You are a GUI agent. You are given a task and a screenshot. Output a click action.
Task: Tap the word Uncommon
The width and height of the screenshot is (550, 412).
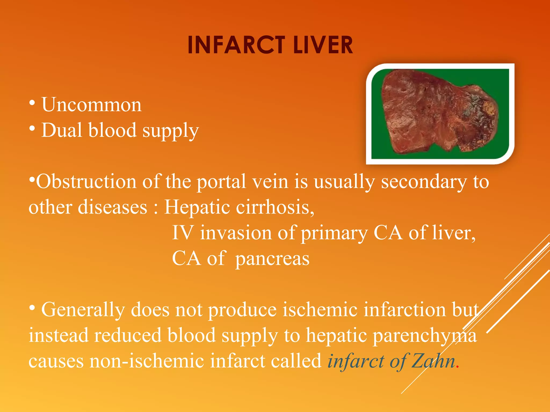pyautogui.click(x=91, y=105)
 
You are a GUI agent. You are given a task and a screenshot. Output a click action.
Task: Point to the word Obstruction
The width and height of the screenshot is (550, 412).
pyautogui.click(x=86, y=182)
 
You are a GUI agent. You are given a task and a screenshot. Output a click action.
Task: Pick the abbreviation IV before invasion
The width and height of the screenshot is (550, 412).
pyautogui.click(x=182, y=233)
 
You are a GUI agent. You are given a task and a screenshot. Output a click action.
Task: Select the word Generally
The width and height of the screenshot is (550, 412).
pyautogui.click(x=83, y=310)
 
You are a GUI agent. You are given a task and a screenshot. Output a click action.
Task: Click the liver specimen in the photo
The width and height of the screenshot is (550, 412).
pyautogui.click(x=430, y=113)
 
